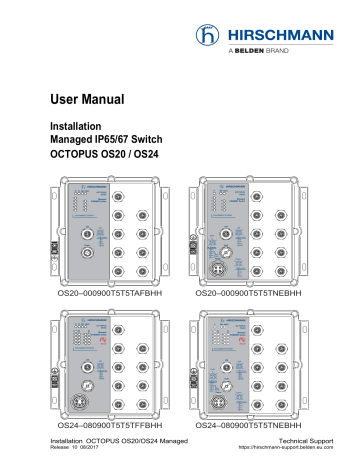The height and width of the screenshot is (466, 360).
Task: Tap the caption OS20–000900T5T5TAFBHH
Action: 114,296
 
